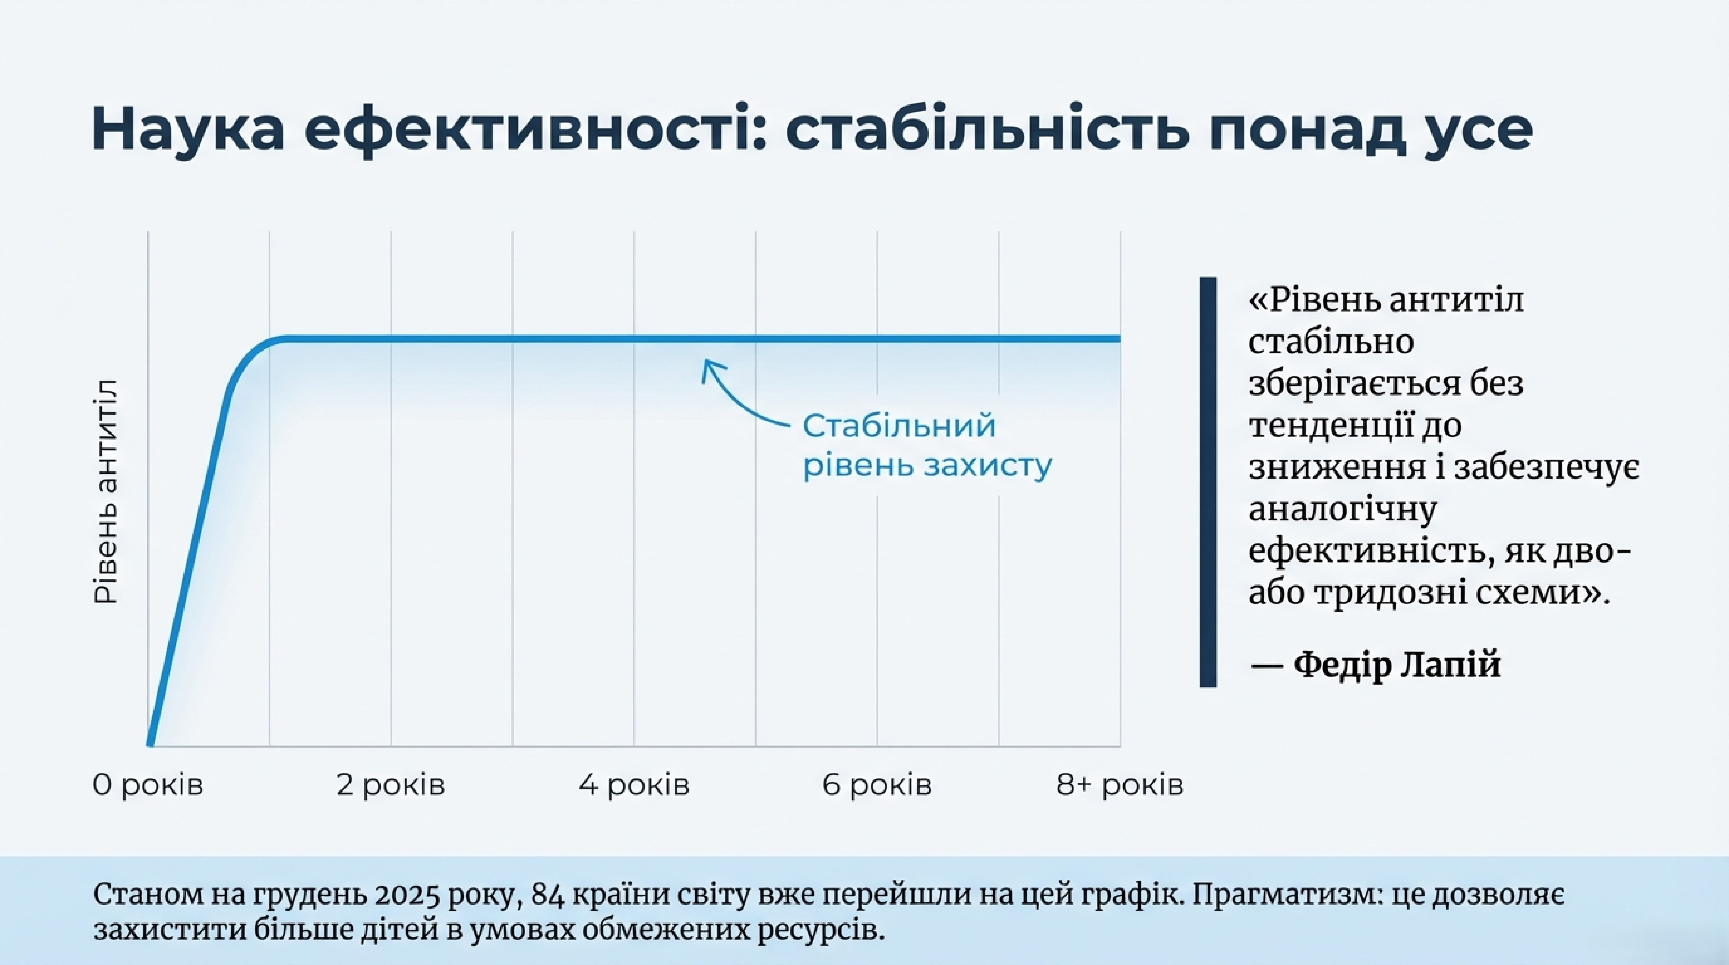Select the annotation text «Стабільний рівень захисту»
coord(926,446)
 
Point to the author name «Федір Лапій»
coord(1396,664)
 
